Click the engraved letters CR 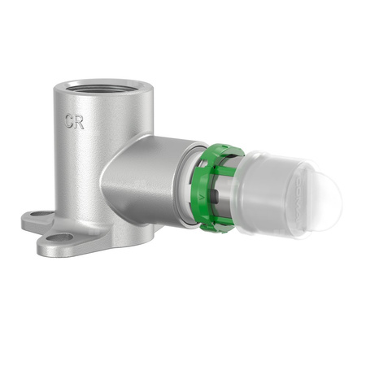[76, 122]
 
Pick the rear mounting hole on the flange [37, 216]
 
